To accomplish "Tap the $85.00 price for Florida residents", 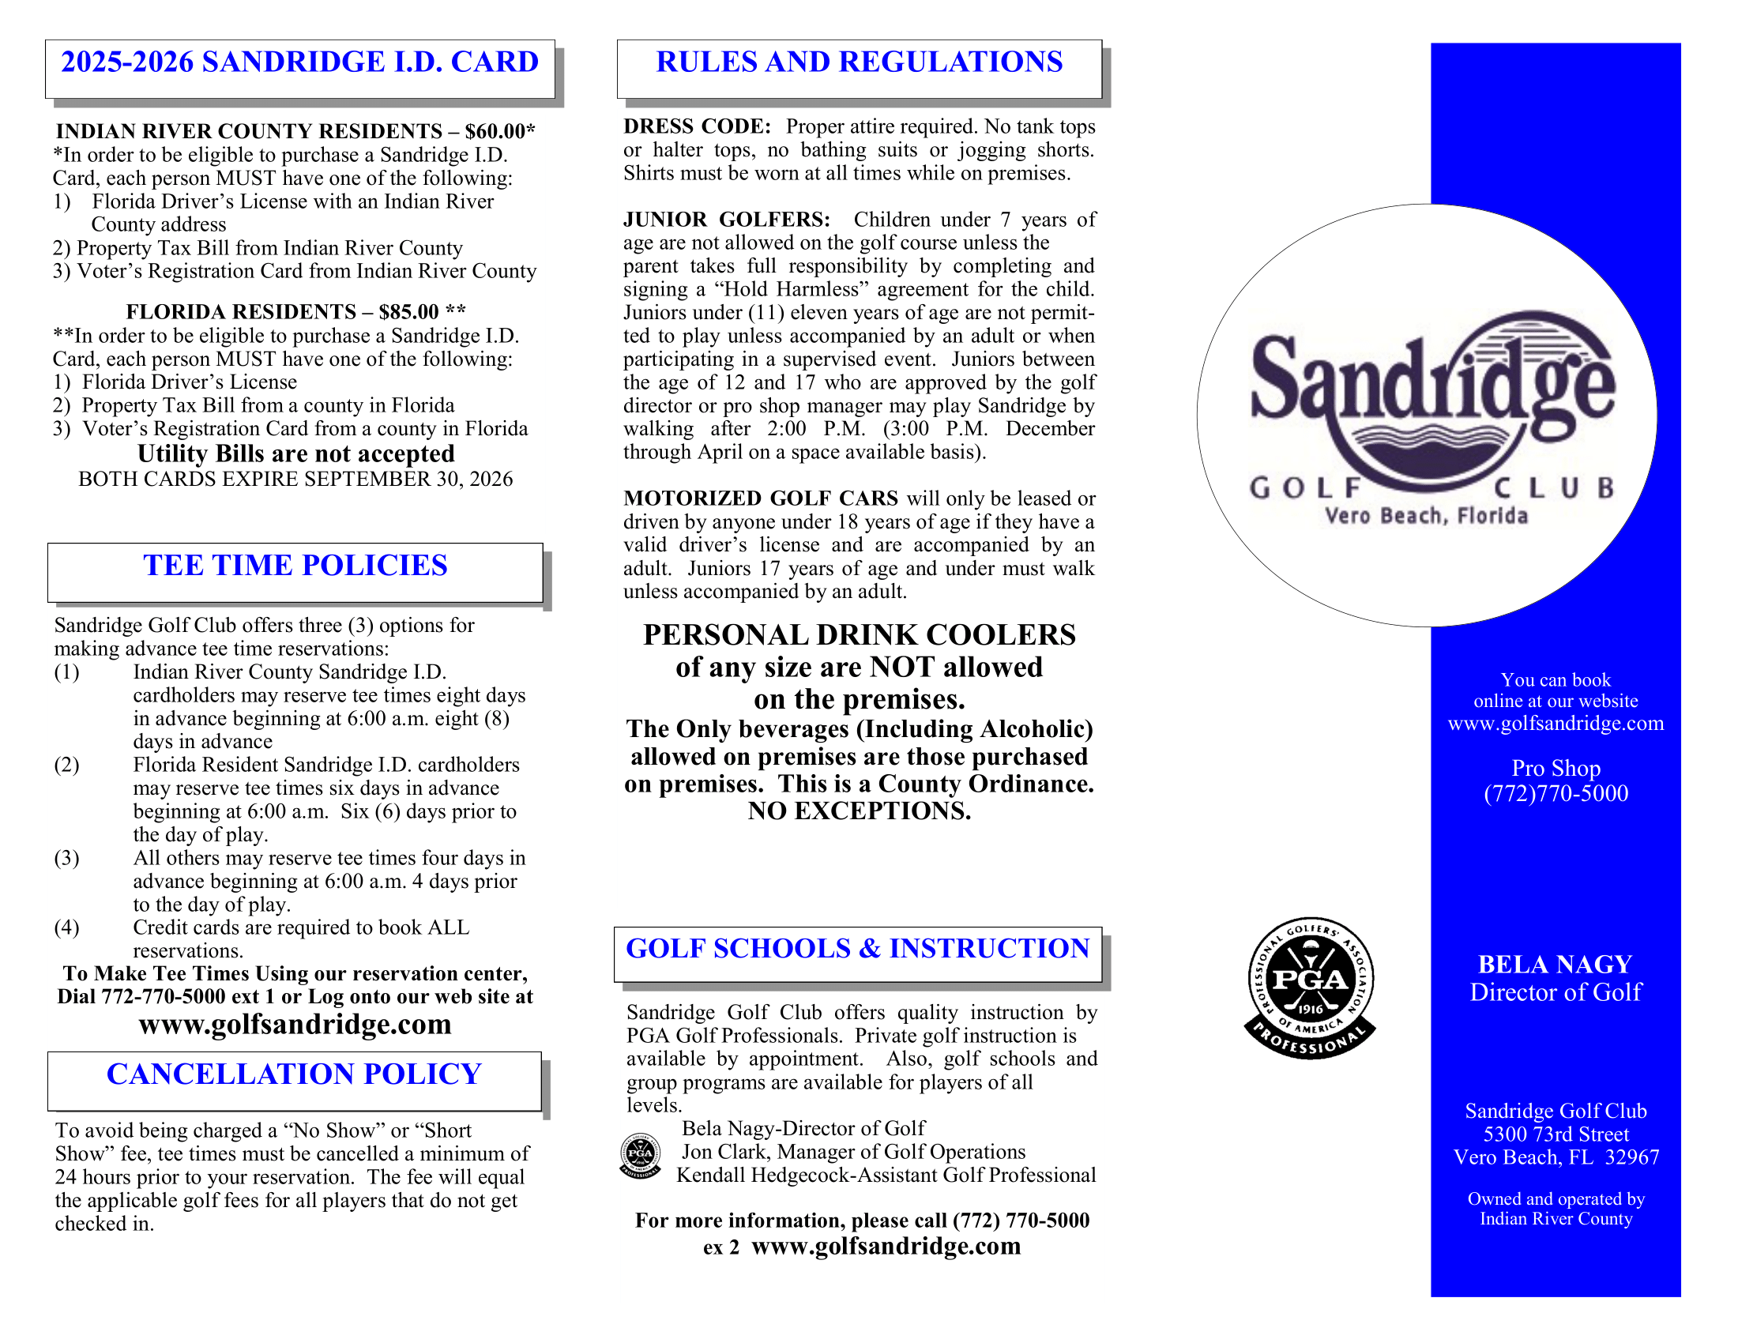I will (x=409, y=312).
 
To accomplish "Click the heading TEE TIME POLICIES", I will (x=295, y=566).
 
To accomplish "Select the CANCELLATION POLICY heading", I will (x=295, y=1074).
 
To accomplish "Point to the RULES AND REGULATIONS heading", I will (x=859, y=62).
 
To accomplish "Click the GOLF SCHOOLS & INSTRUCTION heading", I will (x=857, y=948).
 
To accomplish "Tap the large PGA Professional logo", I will (x=1309, y=987).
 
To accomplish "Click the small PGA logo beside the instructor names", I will (x=640, y=1155).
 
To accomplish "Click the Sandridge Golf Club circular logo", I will (x=1426, y=416).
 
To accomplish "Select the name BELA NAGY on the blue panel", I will (x=1555, y=965).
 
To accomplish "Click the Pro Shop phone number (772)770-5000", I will (x=1556, y=793).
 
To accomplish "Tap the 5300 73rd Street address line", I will (x=1556, y=1134).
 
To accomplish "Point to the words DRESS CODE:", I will (x=697, y=126).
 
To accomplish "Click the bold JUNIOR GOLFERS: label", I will (x=727, y=220).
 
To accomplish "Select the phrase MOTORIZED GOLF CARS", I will (x=761, y=498).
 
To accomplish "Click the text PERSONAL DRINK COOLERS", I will (x=860, y=635).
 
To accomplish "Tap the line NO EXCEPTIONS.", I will (x=860, y=811).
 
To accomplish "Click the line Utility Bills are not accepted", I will (x=296, y=453).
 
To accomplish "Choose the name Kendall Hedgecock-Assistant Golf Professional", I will (x=886, y=1176).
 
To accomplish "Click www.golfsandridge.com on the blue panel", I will (x=1556, y=723).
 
